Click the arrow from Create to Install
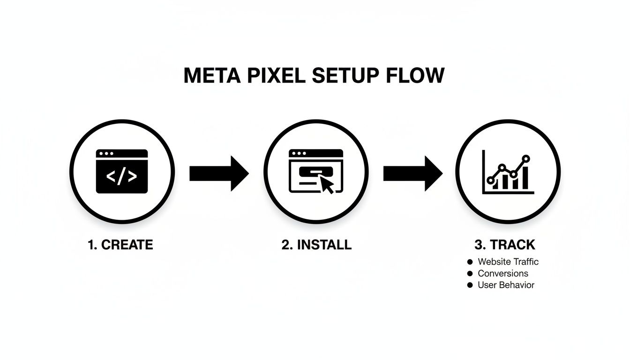(218, 173)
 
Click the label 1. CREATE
(120, 245)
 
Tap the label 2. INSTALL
(316, 245)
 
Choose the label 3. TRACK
(505, 245)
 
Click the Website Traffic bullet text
(508, 262)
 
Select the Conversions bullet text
(502, 273)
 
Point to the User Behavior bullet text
(506, 285)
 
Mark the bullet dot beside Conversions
(470, 274)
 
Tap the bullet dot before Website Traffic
(470, 262)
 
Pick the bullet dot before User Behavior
(470, 285)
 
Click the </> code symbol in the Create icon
(122, 176)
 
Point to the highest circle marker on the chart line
(525, 158)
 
